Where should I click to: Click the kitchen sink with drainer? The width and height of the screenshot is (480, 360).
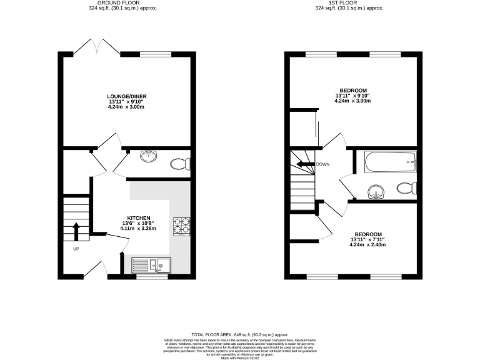point(152,266)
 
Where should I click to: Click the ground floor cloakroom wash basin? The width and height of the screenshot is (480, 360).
point(149,156)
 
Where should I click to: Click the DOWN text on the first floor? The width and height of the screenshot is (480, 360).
point(323,164)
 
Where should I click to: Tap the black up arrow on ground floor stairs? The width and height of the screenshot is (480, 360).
point(76,231)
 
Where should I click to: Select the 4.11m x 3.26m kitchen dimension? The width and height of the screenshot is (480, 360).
point(137,229)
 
